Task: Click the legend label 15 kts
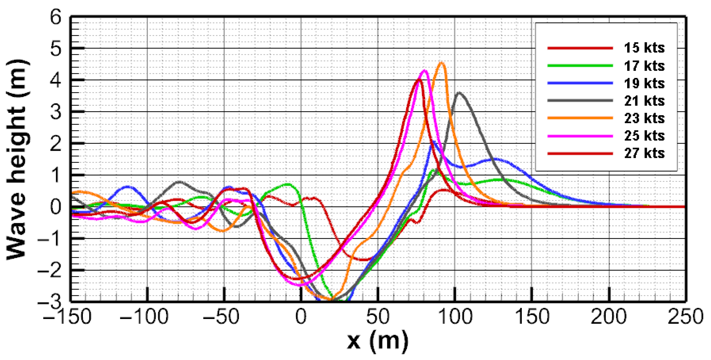[644, 48]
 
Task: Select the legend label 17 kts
[644, 66]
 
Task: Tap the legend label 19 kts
[644, 84]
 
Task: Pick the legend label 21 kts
[644, 101]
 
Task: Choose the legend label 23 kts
[644, 118]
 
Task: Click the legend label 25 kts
[644, 136]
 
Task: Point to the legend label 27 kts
[644, 153]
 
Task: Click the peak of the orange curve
[441, 63]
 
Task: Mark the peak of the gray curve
[459, 92]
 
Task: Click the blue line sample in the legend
[580, 83]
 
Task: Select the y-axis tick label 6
[56, 17]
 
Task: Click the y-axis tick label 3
[56, 112]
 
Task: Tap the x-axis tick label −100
[144, 317]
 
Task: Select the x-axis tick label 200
[609, 317]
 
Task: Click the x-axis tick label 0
[301, 317]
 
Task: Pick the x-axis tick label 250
[686, 317]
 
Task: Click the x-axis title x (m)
[378, 342]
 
